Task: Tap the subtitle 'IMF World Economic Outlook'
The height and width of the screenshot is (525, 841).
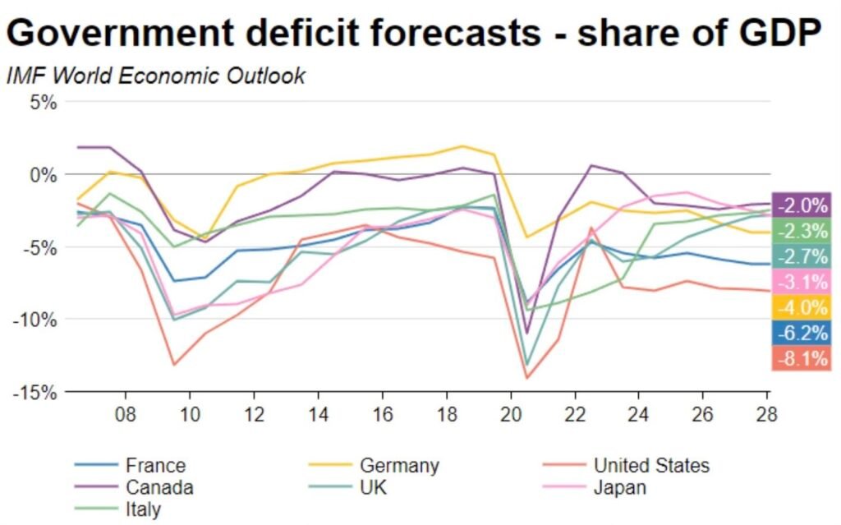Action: click(x=156, y=76)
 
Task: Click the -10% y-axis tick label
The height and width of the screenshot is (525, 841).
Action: click(x=35, y=319)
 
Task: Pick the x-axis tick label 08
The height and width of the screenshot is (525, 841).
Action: click(x=125, y=412)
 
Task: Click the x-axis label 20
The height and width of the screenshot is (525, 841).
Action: click(x=511, y=412)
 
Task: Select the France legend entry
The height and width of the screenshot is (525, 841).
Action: click(x=155, y=466)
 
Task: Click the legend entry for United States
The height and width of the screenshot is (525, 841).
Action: click(x=651, y=466)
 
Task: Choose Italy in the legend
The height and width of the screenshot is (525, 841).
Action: click(x=144, y=509)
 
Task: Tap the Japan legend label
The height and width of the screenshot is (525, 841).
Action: click(x=620, y=487)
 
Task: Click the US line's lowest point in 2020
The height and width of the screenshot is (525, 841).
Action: click(x=526, y=378)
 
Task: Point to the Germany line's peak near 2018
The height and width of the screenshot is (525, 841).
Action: click(x=462, y=146)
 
